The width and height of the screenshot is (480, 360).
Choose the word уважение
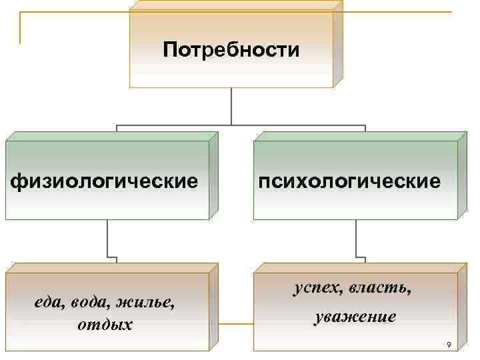pos(355,317)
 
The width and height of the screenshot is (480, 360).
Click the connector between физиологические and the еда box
pos(107,240)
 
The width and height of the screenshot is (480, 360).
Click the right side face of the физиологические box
pos(213,176)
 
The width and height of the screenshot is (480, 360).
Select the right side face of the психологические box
pos(462,176)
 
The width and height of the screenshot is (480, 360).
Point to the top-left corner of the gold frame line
pos(21,13)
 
